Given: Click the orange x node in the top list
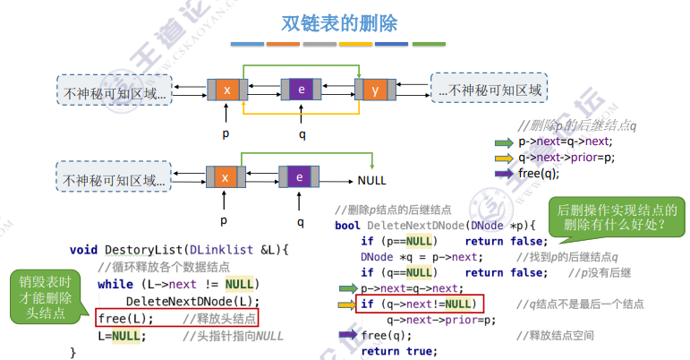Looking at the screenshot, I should [x=226, y=90].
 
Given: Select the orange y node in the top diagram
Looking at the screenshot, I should [x=374, y=90].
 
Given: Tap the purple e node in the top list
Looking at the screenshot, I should [x=301, y=90].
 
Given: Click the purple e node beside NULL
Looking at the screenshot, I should [x=301, y=177].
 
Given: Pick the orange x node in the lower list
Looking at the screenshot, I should [x=226, y=177].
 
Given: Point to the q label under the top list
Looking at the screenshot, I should [x=302, y=133].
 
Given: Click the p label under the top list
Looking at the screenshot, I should [x=226, y=133].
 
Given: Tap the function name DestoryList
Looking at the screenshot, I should [x=142, y=248].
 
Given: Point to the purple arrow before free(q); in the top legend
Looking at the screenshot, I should [x=505, y=174].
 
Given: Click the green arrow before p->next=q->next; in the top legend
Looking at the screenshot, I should [x=505, y=141].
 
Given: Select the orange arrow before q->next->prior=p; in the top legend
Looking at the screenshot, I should [x=505, y=158].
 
